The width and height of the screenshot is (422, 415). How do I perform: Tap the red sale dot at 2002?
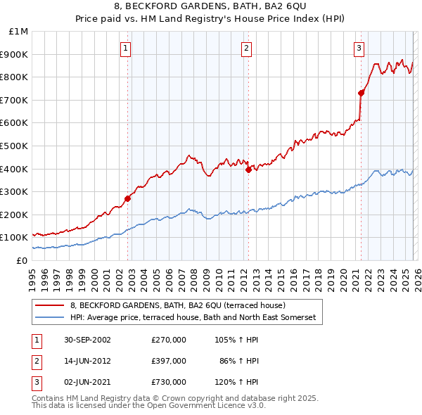[x=128, y=198]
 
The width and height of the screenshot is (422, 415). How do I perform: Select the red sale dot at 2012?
[x=248, y=170]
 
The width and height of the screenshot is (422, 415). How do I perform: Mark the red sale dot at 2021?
[x=361, y=93]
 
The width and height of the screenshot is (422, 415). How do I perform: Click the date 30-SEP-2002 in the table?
[x=87, y=340]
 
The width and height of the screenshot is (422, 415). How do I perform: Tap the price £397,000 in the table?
[x=169, y=361]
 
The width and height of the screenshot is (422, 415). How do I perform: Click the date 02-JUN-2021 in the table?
[x=87, y=382]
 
